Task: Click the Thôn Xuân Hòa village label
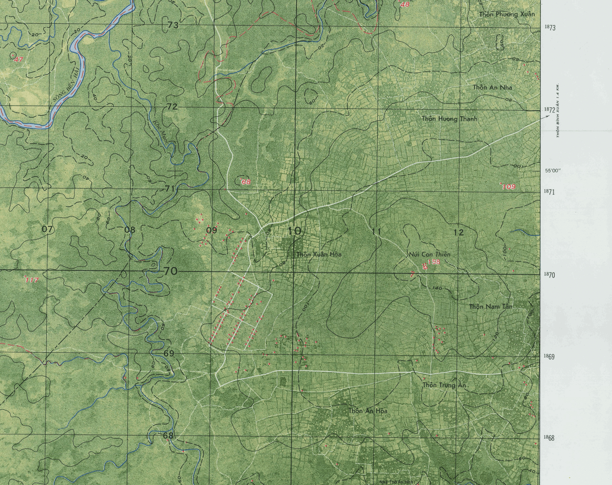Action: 319,254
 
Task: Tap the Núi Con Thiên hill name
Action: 428,254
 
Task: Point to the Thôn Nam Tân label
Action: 490,306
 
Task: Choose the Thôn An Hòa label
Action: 368,411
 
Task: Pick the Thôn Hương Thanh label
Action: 450,118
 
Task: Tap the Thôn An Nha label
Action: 492,87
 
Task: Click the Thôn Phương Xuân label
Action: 506,14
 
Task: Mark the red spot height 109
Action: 509,187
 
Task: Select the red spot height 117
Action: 32,280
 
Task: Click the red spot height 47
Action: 19,59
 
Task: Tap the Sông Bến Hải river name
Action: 67,91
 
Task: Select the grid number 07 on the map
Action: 47,229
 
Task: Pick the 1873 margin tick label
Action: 550,27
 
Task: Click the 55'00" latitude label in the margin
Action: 552,171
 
